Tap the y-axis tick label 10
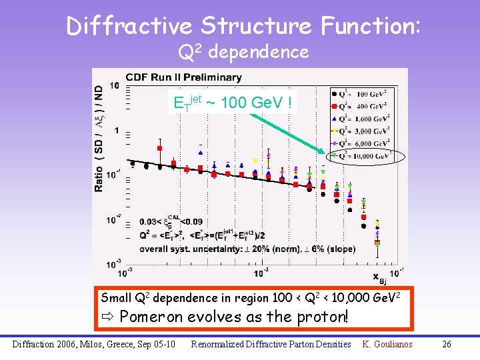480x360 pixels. pos(115,85)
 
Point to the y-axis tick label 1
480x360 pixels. pos(117,131)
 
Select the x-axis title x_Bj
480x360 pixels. pos(377,277)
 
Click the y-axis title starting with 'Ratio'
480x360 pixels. pos(99,137)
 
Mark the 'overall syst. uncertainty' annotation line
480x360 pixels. pos(247,249)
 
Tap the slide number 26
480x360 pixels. pos(447,344)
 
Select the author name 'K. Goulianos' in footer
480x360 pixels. pos(387,344)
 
